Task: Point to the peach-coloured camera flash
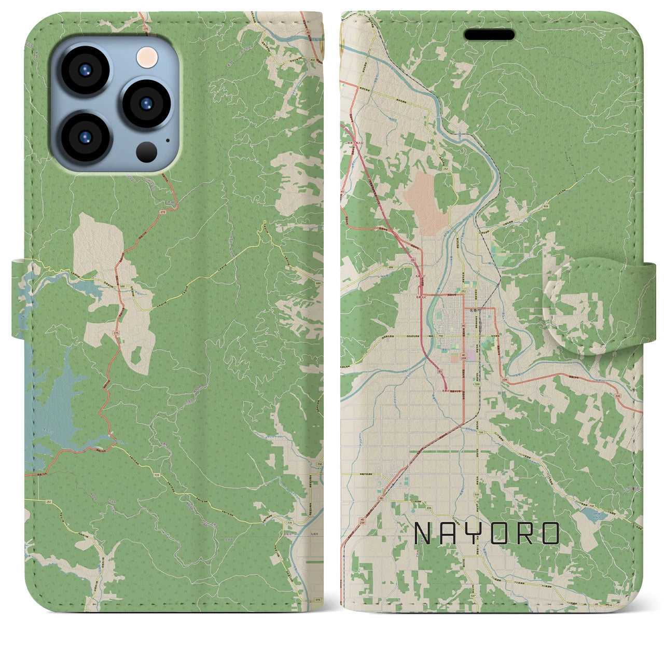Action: tap(147, 56)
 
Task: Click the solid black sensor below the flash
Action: tap(147, 151)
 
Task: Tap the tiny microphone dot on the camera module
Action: tap(167, 140)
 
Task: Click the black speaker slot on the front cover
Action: tap(489, 35)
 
